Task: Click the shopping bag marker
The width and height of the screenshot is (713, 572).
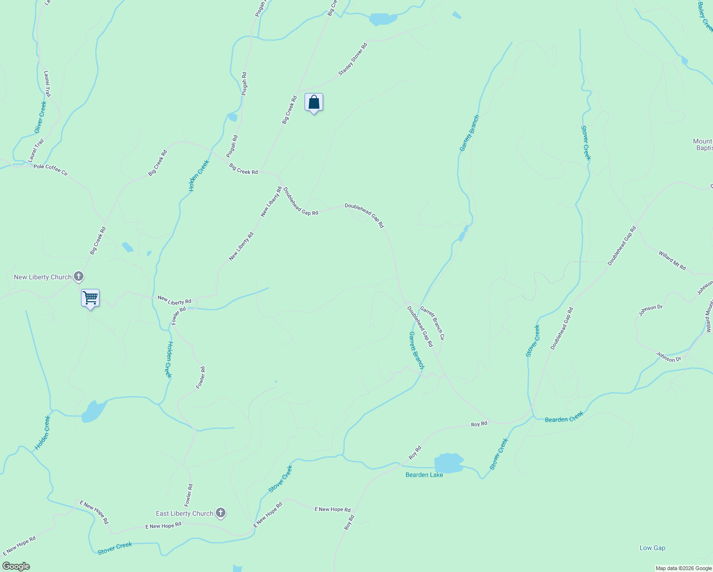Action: tap(314, 102)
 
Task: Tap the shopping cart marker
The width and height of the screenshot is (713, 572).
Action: tap(90, 298)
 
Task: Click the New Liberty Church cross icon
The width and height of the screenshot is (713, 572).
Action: tap(79, 276)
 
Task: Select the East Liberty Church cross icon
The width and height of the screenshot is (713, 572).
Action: tap(221, 513)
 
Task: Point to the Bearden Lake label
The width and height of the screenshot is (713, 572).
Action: tap(424, 475)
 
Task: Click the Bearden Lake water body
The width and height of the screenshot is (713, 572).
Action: tap(448, 463)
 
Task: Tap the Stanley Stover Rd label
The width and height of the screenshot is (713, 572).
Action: tap(353, 60)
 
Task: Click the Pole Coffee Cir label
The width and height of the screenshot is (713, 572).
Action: tap(51, 170)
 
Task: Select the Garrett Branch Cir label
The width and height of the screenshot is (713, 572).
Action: tap(432, 323)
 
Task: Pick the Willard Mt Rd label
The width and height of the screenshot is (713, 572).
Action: tap(672, 260)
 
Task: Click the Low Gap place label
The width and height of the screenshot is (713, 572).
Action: tap(652, 548)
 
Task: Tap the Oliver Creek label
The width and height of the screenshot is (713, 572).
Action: tap(41, 117)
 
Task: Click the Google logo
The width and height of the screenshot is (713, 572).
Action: tap(16, 566)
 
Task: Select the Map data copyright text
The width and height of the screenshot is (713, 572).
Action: tap(683, 568)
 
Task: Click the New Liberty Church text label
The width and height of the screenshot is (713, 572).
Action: tap(42, 277)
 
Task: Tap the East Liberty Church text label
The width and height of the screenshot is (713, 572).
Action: tap(184, 513)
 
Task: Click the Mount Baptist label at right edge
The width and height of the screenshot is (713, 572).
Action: tap(703, 144)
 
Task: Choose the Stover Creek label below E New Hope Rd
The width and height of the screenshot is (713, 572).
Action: tap(114, 548)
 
